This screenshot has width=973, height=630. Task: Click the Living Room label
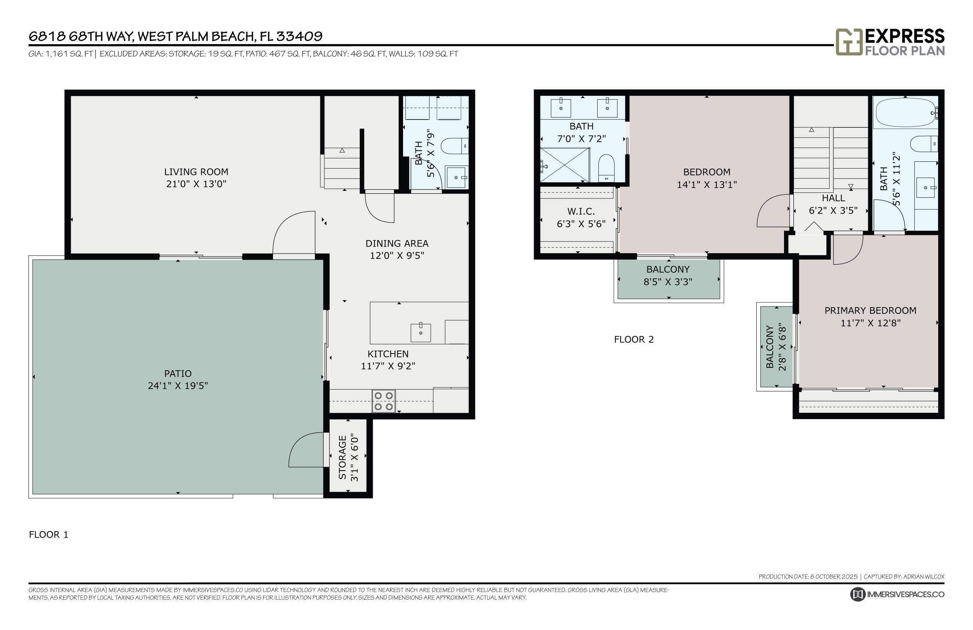click(196, 172)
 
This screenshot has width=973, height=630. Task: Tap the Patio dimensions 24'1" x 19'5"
click(178, 386)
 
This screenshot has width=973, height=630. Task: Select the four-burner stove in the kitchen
click(383, 401)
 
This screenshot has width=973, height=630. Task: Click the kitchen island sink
click(421, 332)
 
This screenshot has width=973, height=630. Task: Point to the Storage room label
click(342, 457)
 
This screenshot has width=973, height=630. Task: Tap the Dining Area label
click(397, 243)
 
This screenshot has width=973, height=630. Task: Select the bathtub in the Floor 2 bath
click(905, 112)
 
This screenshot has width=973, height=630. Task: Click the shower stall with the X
click(564, 165)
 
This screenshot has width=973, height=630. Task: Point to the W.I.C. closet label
click(581, 212)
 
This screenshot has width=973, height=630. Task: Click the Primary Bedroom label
click(870, 311)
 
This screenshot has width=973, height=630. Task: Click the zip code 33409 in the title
click(299, 36)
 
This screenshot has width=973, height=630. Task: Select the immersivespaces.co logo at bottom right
click(897, 594)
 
